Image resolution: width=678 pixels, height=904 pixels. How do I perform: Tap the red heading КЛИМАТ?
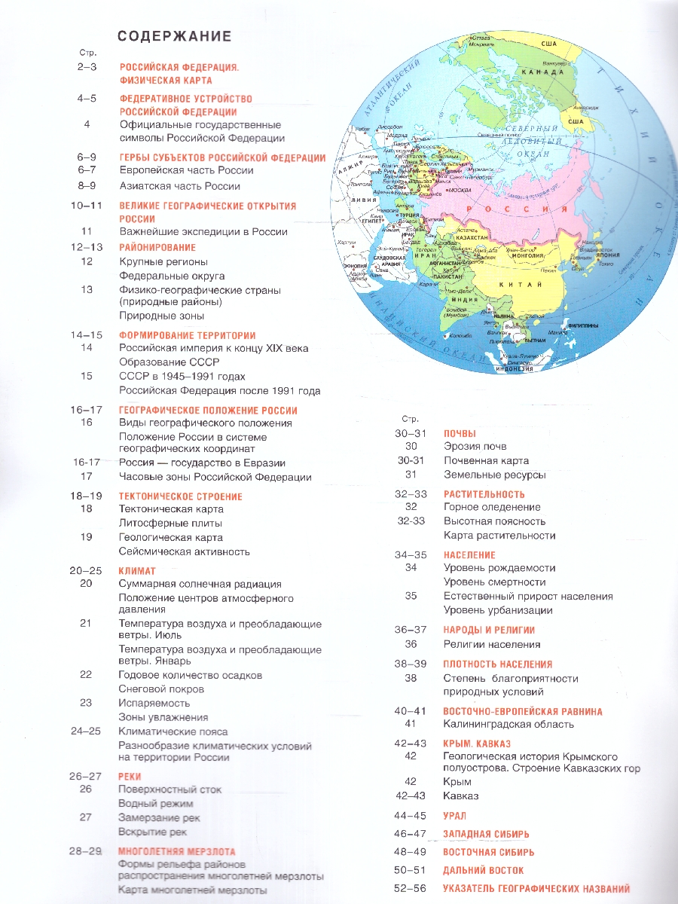tap(137, 571)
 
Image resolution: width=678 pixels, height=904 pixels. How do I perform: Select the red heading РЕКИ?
tap(130, 777)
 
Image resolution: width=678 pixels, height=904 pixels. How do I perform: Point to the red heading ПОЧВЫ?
tap(460, 433)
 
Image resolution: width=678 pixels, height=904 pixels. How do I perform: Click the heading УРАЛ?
tap(455, 815)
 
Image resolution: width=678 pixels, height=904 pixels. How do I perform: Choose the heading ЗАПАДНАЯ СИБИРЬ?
tap(486, 834)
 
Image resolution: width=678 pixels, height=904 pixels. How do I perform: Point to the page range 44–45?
tap(410, 815)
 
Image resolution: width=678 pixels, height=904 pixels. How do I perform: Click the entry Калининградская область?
tap(508, 724)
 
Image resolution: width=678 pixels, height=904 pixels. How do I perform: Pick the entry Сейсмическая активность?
tap(184, 551)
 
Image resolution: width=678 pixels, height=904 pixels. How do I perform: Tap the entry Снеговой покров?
tap(161, 689)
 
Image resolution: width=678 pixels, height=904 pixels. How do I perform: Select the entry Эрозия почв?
tap(475, 447)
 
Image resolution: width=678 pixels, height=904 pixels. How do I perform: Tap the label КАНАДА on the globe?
tap(548, 72)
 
